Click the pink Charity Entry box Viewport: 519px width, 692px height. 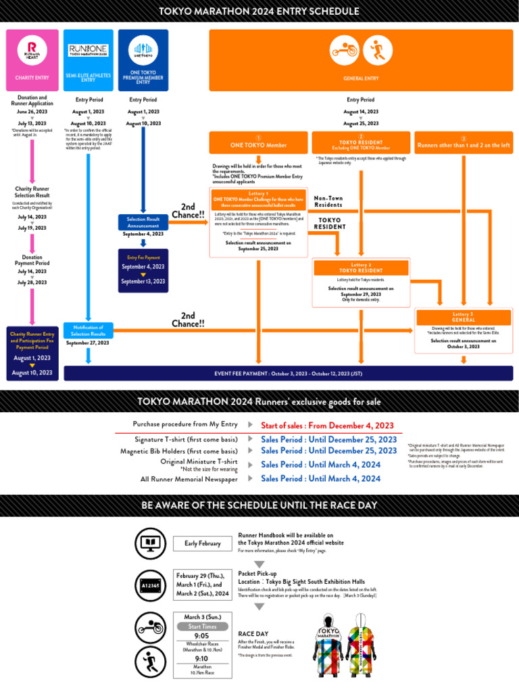32,59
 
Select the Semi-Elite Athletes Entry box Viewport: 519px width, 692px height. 89,59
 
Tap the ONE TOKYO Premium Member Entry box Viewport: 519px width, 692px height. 143,59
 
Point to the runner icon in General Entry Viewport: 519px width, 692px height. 377,50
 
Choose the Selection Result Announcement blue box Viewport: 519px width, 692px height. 143,222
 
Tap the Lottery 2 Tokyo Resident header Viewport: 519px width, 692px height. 361,268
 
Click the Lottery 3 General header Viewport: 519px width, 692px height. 464,317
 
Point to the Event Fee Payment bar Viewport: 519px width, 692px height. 288,373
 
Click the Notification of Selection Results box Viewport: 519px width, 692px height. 89,330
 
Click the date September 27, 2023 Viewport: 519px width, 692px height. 89,343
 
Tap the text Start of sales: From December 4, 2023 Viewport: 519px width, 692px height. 327,425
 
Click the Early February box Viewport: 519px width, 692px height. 203,543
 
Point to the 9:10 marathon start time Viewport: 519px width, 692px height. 201,658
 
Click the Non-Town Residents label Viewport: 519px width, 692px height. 328,201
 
